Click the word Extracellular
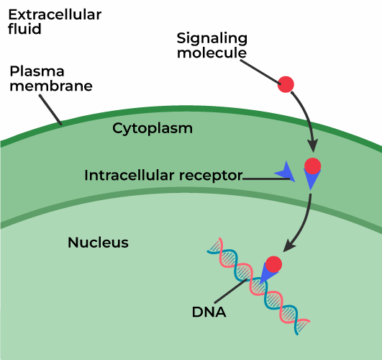(55, 14)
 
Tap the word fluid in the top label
(25, 30)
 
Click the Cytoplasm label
(153, 128)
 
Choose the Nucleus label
(98, 243)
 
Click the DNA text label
(209, 312)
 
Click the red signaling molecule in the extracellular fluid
(286, 84)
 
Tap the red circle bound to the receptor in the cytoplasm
(313, 166)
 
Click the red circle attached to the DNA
(273, 264)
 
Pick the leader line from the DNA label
(238, 292)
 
